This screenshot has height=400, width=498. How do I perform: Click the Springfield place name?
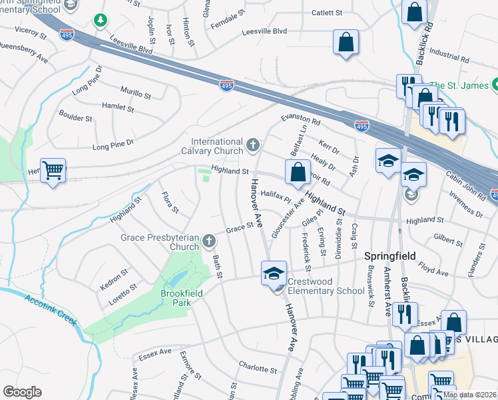[x=389, y=256]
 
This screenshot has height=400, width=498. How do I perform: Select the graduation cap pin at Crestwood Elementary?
[x=274, y=273]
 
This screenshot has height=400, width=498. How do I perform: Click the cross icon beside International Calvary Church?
[x=252, y=145]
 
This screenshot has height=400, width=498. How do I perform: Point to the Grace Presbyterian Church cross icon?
[x=209, y=240]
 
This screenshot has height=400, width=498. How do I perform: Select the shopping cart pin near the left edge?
[x=53, y=171]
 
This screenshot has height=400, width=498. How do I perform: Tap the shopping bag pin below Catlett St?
[x=346, y=42]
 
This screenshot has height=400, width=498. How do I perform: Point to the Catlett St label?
[x=328, y=13]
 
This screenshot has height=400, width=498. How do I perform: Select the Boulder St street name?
[x=75, y=117]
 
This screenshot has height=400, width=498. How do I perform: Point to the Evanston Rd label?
[x=300, y=122]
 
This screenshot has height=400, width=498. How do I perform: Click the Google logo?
[x=23, y=392]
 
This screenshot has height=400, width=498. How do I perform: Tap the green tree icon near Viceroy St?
[x=100, y=21]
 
